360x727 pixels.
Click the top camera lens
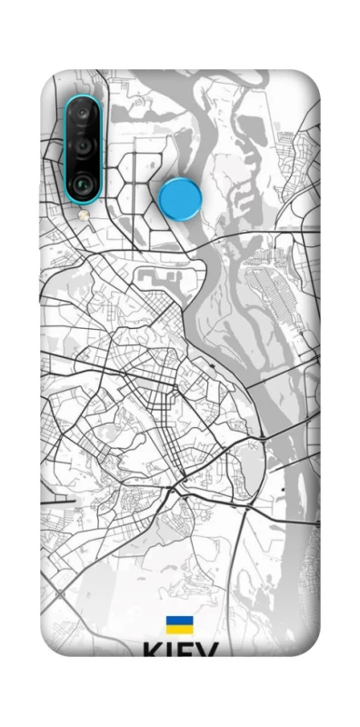[83, 115]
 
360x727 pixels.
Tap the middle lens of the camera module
[83, 146]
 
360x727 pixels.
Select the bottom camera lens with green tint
[83, 181]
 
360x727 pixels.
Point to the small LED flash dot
[83, 215]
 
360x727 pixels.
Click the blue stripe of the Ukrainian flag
[179, 621]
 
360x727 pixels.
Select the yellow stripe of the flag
[179, 629]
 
